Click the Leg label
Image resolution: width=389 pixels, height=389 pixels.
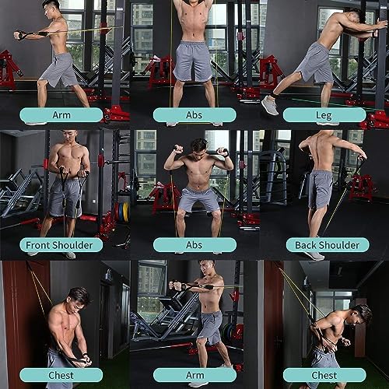point(324,114)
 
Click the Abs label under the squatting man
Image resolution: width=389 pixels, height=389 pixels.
point(194,245)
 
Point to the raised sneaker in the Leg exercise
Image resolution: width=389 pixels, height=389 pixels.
point(270,104)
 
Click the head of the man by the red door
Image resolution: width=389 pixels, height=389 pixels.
point(78,300)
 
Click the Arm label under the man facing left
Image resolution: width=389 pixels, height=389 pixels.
point(194,374)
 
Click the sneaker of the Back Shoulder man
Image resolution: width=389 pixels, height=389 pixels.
point(314,254)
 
